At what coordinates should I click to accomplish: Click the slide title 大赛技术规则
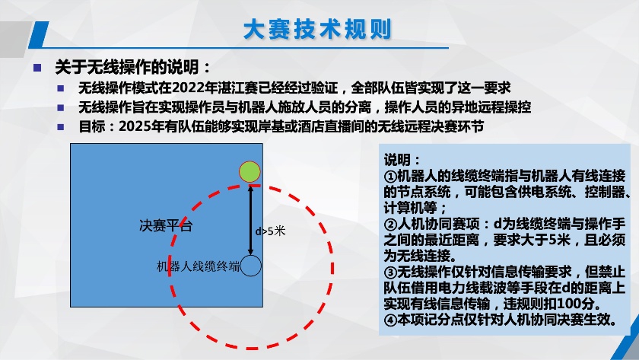(x=317, y=30)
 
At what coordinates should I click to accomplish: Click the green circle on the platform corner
(x=250, y=172)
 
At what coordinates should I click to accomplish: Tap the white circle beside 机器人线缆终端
(x=250, y=266)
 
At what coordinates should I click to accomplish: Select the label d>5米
(x=270, y=231)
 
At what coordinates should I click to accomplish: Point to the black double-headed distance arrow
(x=250, y=220)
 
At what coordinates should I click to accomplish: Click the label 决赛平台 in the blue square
(x=166, y=225)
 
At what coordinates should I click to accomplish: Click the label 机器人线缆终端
(x=199, y=266)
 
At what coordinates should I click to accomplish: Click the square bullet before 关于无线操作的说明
(x=37, y=68)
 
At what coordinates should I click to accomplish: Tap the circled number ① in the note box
(x=390, y=176)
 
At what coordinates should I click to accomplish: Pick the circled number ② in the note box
(x=390, y=225)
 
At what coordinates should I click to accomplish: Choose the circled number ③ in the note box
(x=390, y=272)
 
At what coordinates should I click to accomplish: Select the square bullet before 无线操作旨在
(x=61, y=107)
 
